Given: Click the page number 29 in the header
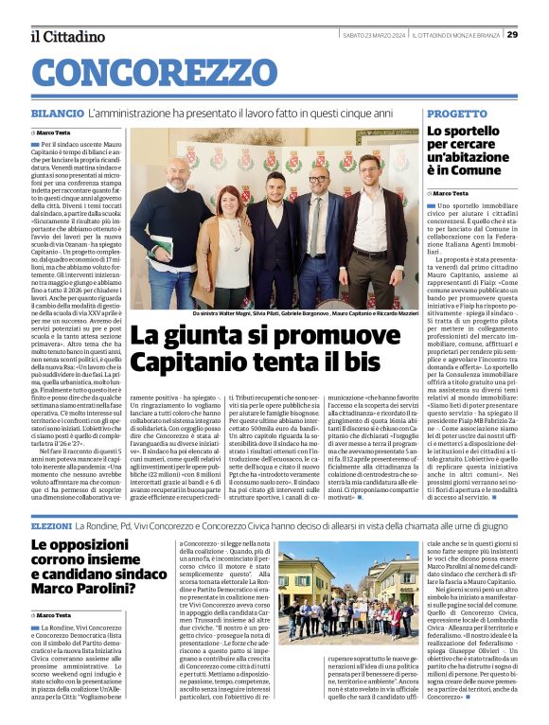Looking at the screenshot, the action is [539, 34].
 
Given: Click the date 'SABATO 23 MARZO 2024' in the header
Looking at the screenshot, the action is [375, 34].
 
